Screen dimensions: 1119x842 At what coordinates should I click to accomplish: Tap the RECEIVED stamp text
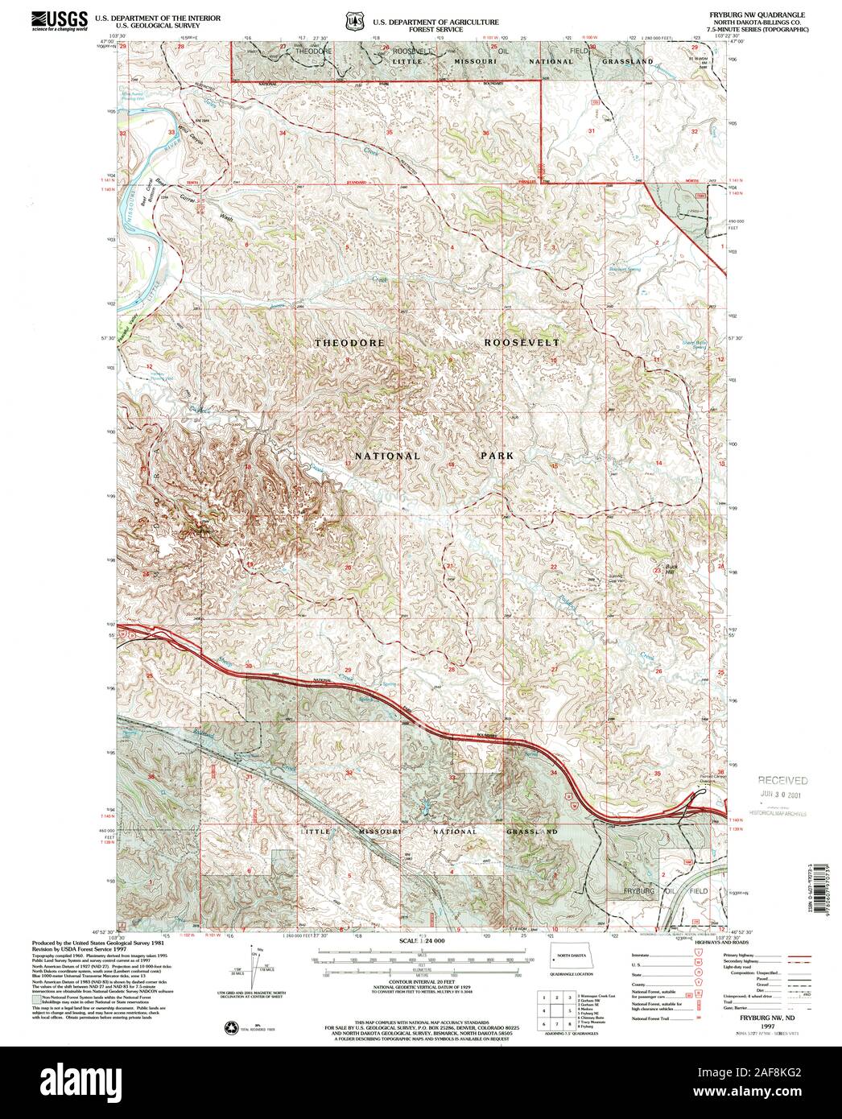[x=781, y=780]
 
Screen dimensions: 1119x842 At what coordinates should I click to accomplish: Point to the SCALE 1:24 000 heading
[x=421, y=940]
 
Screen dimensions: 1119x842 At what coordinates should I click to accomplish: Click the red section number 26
[x=658, y=671]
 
